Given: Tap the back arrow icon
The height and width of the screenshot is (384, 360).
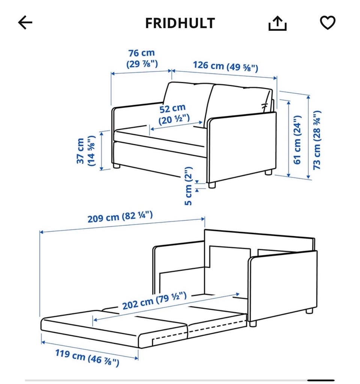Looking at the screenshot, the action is (x=25, y=23).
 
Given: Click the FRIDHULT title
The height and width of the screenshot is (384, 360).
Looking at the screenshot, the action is (x=180, y=23).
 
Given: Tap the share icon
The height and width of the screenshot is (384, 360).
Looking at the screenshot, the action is (x=277, y=23).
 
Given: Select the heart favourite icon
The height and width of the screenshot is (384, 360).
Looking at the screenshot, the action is (x=328, y=23).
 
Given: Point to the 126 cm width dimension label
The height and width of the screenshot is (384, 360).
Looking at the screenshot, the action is (x=225, y=66).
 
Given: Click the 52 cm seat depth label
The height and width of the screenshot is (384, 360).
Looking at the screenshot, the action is (x=174, y=114).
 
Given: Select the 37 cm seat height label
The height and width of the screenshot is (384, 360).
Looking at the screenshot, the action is (x=85, y=151).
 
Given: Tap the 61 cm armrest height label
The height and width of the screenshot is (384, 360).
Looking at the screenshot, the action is (x=297, y=140).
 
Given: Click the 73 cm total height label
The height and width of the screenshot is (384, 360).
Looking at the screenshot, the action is (x=317, y=140).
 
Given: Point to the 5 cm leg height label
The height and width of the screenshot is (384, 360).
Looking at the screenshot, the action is (x=188, y=186).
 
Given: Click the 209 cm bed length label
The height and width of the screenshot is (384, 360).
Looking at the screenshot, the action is (x=120, y=217).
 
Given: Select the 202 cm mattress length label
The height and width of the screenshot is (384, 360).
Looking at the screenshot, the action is (x=154, y=301).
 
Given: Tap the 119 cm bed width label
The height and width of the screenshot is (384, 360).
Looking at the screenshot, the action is (x=87, y=358).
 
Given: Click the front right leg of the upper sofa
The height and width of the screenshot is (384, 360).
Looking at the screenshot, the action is (x=212, y=185).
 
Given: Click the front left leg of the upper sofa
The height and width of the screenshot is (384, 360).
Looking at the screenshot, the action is (x=117, y=166).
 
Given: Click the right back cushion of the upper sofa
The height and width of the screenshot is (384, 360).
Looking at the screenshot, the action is (x=238, y=100).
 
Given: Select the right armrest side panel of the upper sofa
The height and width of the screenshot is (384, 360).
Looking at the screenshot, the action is (x=242, y=147).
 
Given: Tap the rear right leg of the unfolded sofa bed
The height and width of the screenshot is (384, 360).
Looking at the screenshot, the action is (x=309, y=311).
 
